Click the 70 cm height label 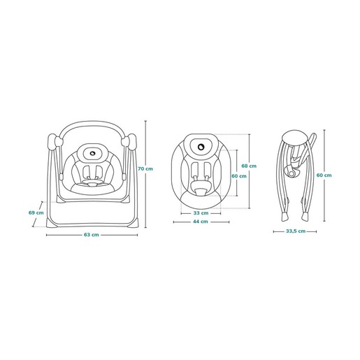pyautogui.click(x=145, y=168)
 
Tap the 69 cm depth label pyautogui.click(x=36, y=213)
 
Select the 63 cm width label pyautogui.click(x=92, y=235)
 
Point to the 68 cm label pyautogui.click(x=249, y=166)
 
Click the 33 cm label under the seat pyautogui.click(x=201, y=213)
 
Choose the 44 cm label pyautogui.click(x=201, y=222)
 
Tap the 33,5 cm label pyautogui.click(x=296, y=231)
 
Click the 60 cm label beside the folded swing pyautogui.click(x=324, y=175)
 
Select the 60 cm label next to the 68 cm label pyautogui.click(x=239, y=176)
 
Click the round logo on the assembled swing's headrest pyautogui.click(x=93, y=153)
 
